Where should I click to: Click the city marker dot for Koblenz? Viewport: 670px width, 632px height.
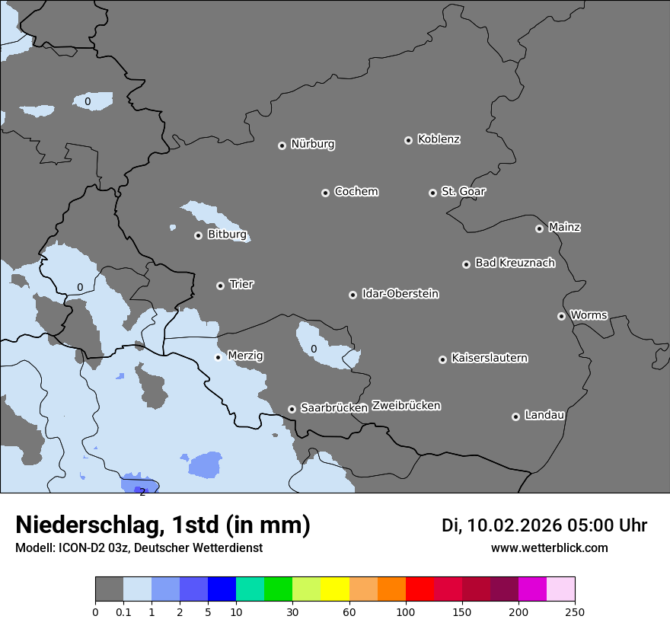[408, 140]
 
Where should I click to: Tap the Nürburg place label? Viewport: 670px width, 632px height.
[313, 144]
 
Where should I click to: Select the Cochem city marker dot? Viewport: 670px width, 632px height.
[325, 193]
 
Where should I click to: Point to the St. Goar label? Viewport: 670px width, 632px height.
[463, 191]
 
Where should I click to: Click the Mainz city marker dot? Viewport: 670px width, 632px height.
[539, 228]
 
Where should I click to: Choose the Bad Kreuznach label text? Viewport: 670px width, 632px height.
[515, 263]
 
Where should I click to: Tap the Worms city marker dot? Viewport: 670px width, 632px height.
[561, 316]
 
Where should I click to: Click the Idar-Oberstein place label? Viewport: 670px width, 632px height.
[400, 293]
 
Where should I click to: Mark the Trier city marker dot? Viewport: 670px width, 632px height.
[220, 286]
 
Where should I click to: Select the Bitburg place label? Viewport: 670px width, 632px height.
[227, 235]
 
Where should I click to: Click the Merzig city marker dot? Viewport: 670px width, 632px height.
[218, 357]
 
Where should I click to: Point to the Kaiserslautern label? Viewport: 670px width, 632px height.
[489, 358]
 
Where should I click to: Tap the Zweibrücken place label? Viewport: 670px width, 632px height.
[406, 405]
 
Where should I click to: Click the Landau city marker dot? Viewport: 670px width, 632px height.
[515, 417]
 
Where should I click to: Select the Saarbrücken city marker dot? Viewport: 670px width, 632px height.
[292, 409]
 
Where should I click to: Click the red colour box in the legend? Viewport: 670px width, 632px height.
[420, 589]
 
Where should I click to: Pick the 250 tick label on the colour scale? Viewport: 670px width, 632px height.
[575, 611]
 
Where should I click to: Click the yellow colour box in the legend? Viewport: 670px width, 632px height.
[335, 589]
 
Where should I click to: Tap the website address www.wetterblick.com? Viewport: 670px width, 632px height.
[549, 547]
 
